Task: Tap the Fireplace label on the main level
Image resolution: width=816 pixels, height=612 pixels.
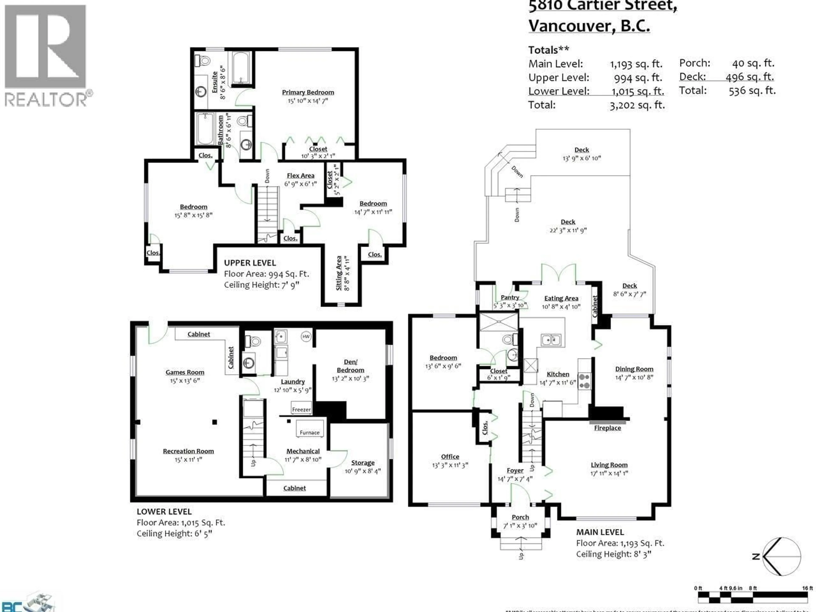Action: [607, 428]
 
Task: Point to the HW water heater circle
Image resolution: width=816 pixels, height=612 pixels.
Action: [306, 336]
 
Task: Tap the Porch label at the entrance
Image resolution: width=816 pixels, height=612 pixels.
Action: [520, 517]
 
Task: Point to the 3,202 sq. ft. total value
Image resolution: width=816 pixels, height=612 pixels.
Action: [637, 105]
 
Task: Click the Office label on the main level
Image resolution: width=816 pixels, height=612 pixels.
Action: [450, 457]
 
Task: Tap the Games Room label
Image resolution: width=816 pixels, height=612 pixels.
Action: [185, 372]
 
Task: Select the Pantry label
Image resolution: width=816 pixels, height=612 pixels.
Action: [510, 297]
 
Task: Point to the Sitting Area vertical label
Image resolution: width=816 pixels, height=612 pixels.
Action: [339, 273]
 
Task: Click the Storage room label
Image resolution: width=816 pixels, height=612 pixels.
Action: [363, 463]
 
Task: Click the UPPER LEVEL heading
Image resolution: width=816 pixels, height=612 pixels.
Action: [250, 263]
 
